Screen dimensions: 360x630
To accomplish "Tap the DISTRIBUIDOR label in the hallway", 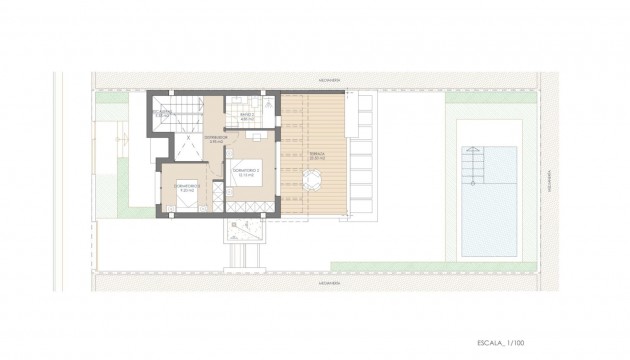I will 218,139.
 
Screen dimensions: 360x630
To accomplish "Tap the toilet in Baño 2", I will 256,101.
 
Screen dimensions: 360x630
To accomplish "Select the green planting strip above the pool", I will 490,99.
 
